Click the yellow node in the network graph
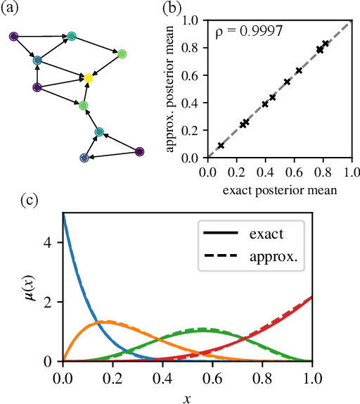pyautogui.click(x=88, y=78)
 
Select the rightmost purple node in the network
pyautogui.click(x=139, y=151)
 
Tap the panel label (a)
pyautogui.click(x=12, y=8)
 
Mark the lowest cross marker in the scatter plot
pyautogui.click(x=221, y=146)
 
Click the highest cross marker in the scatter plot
pyautogui.click(x=326, y=44)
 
